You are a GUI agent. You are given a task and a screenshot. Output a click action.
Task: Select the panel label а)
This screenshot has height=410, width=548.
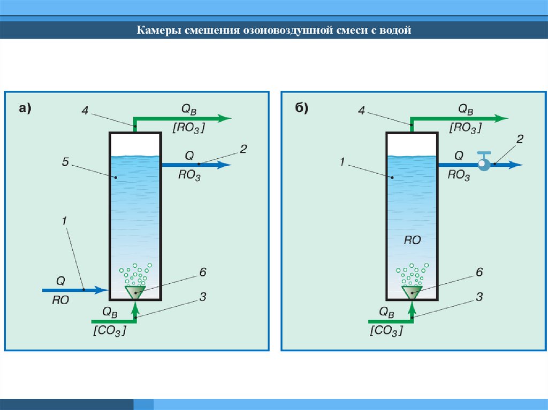[x=25, y=109]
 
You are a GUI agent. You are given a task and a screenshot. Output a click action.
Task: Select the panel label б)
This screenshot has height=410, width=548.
[x=301, y=109]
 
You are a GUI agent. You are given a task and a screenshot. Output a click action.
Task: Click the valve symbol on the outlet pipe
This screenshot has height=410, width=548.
[x=484, y=163]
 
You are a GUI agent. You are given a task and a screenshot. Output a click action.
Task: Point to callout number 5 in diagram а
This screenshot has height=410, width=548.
[x=65, y=161]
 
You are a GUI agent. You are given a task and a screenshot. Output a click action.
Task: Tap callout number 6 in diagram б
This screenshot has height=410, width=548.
[x=479, y=272]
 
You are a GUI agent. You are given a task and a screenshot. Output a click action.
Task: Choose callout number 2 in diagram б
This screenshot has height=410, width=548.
[x=520, y=139]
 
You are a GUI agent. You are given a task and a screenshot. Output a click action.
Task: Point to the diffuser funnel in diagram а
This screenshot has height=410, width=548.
[x=135, y=291]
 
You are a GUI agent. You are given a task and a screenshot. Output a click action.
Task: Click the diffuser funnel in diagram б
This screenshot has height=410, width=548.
[x=412, y=291]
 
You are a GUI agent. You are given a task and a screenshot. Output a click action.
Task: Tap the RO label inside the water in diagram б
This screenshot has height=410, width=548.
[x=412, y=241]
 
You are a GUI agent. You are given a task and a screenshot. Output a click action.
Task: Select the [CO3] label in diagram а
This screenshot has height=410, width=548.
[x=109, y=331]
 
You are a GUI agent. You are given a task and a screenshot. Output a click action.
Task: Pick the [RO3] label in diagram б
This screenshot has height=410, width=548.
[x=465, y=128]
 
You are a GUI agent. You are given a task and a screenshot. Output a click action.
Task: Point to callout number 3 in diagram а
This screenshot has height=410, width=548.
[x=203, y=296]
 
